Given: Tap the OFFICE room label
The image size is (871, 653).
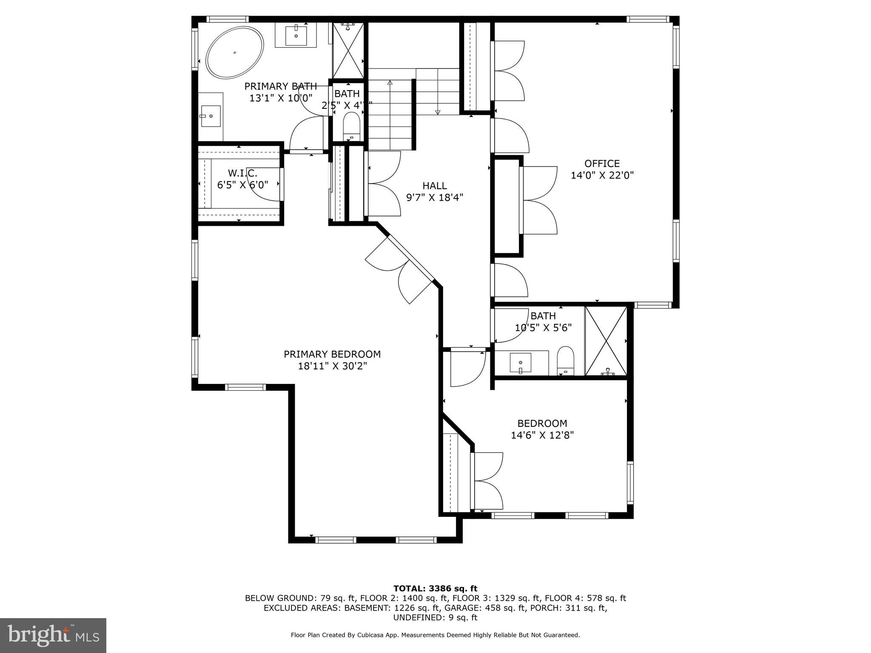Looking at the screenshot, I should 602,164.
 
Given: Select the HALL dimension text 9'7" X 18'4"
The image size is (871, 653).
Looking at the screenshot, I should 434,198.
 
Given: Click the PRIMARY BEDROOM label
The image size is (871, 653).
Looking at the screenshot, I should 332,354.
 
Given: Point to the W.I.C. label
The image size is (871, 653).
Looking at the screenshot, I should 242,173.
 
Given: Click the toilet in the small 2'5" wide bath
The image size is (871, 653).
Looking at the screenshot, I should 352,125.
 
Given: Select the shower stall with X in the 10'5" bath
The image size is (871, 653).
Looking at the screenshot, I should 606,341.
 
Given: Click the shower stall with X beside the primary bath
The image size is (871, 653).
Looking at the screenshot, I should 348,51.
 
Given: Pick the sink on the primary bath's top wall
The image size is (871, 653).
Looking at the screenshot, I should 296,35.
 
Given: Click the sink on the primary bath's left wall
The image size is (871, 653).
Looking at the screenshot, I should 211,116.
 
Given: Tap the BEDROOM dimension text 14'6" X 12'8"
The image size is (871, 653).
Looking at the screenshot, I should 542,435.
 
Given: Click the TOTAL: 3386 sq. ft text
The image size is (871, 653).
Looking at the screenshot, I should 435,589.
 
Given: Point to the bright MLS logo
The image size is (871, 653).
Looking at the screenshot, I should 53,635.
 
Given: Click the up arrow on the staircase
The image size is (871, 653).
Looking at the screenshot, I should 390,83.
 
